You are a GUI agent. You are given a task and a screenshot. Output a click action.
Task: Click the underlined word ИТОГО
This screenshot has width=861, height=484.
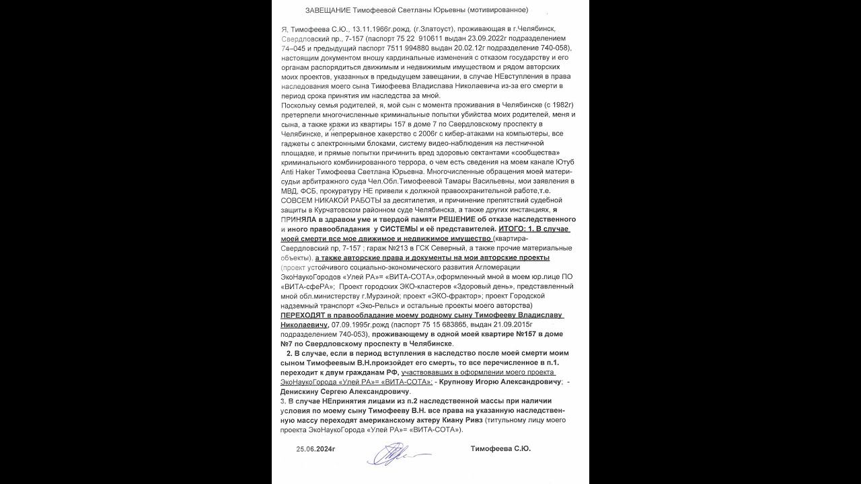tap(513, 229)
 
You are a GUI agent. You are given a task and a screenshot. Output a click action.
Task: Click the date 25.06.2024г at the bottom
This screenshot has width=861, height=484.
tap(315, 448)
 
